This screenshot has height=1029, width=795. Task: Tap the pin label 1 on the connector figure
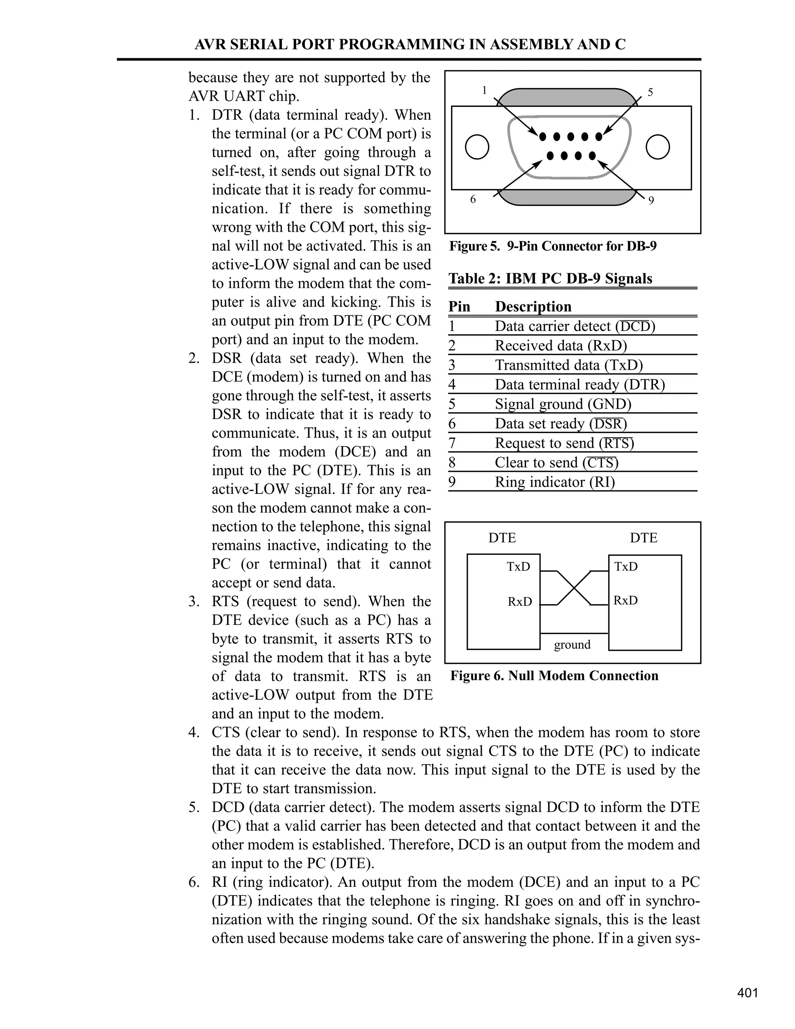click(x=484, y=90)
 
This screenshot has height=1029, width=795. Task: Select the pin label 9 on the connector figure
click(x=651, y=201)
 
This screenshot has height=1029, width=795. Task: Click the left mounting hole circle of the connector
click(x=477, y=147)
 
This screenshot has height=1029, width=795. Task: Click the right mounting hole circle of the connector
click(x=658, y=147)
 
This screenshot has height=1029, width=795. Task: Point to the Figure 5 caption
click(x=552, y=247)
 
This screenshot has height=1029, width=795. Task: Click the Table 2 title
click(x=550, y=278)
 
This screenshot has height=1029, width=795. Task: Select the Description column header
click(x=533, y=307)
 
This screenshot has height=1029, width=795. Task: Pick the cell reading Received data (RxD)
click(x=561, y=346)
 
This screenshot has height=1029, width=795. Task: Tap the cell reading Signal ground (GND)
click(x=563, y=404)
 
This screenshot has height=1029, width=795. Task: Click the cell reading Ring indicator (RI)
click(x=554, y=482)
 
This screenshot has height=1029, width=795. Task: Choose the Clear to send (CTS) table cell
click(x=556, y=463)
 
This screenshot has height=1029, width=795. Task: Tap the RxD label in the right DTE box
click(x=625, y=601)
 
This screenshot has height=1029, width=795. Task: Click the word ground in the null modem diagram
click(x=572, y=645)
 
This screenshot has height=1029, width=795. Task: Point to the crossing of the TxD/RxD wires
click(x=574, y=588)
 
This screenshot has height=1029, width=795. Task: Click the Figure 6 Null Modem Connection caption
click(x=554, y=676)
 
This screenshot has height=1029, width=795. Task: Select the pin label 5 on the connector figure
click(x=651, y=92)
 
